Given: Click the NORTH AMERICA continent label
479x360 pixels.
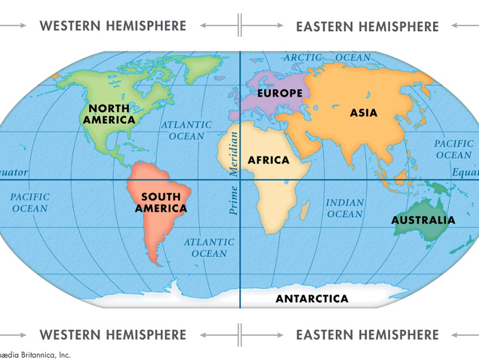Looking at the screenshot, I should click(109, 114).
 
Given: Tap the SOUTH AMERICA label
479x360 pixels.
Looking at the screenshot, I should click(161, 202).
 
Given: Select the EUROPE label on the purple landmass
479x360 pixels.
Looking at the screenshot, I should click(279, 93).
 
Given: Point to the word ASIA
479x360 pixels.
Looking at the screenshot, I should click(364, 113).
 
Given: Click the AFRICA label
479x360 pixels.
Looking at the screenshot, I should click(268, 160).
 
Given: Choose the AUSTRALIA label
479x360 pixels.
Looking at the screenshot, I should click(423, 220).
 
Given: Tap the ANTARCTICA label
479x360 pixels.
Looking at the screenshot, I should click(312, 299).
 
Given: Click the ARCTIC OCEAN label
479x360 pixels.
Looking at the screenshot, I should click(327, 58).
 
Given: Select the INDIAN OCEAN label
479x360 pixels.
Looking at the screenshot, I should click(345, 209).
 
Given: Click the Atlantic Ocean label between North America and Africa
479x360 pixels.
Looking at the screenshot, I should click(186, 130).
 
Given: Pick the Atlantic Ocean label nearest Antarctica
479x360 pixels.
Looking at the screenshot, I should click(209, 247).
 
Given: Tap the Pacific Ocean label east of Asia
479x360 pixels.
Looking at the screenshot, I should click(454, 149).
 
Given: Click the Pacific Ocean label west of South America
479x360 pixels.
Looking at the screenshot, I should click(29, 202).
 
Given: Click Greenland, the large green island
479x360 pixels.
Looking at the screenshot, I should click(203, 71).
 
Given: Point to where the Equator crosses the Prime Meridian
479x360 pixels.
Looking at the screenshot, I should click(240, 180).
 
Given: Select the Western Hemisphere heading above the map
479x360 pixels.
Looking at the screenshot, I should click(113, 26).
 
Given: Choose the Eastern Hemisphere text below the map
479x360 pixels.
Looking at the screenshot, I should click(367, 335).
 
